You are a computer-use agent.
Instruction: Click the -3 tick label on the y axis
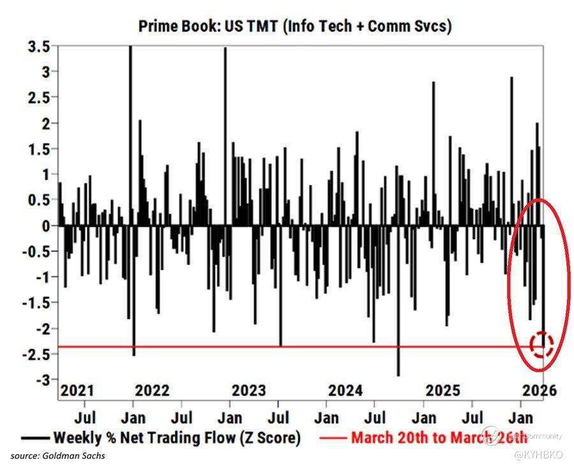[43, 381]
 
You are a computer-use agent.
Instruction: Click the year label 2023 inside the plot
[250, 390]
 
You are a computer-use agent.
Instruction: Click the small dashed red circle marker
[541, 344]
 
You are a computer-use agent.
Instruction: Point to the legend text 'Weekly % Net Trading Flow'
[176, 437]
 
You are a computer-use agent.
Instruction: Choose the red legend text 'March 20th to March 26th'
[439, 437]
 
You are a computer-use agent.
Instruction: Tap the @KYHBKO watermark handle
[537, 455]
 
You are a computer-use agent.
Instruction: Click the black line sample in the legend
[35, 438]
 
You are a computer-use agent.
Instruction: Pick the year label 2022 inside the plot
[152, 390]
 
